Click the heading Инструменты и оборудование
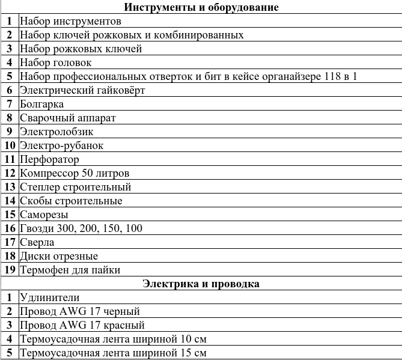coord(201,7)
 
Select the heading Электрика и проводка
coord(201,284)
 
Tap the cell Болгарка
coord(42,104)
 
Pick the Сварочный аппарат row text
coord(67,118)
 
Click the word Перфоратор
coord(49,159)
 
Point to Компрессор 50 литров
coord(75,173)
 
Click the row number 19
coord(10,270)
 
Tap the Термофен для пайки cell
coord(70,270)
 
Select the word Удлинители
coord(49,297)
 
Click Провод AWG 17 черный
coord(79,311)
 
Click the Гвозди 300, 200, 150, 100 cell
coord(81,228)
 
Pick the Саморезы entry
coord(44,215)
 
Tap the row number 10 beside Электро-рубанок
coord(10,145)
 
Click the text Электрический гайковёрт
coord(82,90)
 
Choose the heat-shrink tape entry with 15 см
coord(113,353)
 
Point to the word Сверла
coord(37,242)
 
